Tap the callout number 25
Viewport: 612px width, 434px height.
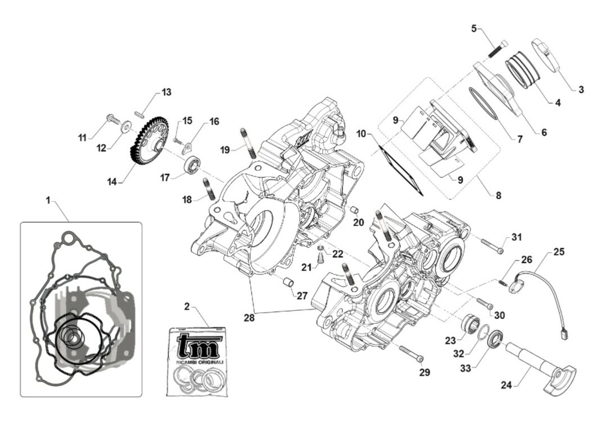[559, 251]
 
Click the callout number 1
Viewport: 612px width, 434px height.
[48, 201]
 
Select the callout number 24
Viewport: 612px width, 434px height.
[506, 386]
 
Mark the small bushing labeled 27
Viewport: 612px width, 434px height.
[288, 282]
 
